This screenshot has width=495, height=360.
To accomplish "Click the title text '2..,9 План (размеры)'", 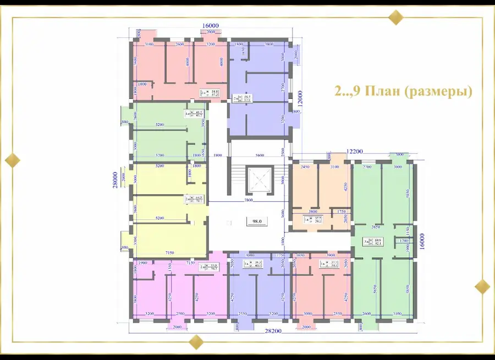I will pyautogui.click(x=404, y=91).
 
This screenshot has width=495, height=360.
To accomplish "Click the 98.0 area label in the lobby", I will pyautogui.click(x=256, y=221).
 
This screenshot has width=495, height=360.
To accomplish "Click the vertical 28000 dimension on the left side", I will pyautogui.click(x=116, y=179).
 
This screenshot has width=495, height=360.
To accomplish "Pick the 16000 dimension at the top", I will pyautogui.click(x=210, y=26).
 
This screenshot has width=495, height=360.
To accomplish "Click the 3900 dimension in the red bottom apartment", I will pyautogui.click(x=330, y=256).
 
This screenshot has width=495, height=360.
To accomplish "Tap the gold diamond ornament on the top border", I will pyautogui.click(x=395, y=17).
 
